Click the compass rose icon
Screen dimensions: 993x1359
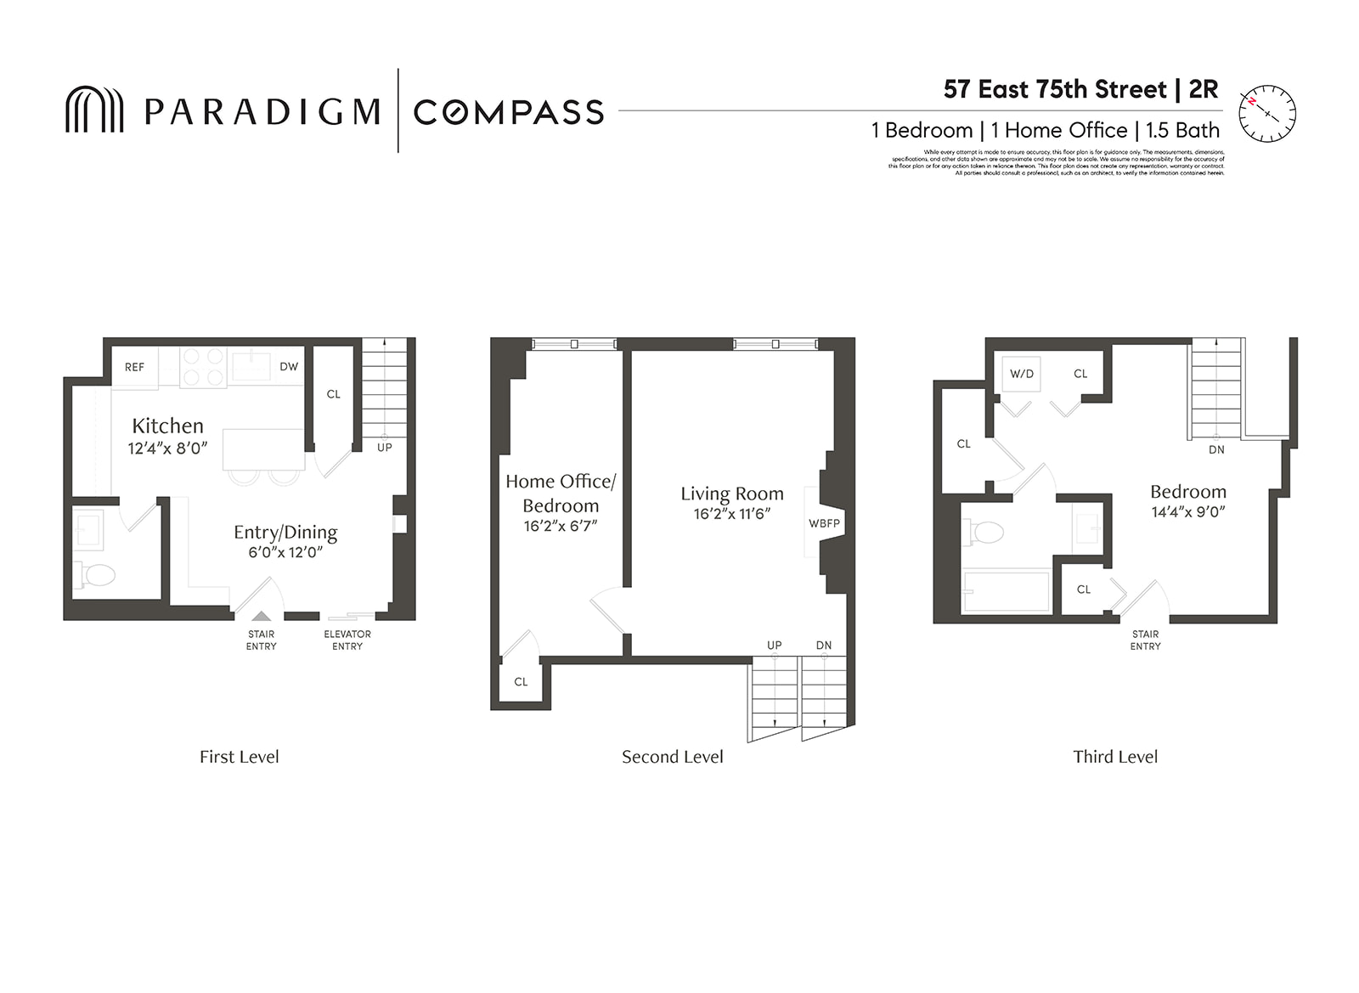1267,113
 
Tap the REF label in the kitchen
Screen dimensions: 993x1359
134,367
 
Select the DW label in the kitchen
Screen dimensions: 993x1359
289,367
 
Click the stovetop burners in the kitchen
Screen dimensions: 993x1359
203,368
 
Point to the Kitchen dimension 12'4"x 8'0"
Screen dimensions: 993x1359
168,449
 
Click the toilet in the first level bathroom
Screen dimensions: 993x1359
98,575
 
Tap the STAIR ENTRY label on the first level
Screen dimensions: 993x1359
261,640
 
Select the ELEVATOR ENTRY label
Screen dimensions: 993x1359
347,640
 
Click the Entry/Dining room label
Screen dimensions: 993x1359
285,532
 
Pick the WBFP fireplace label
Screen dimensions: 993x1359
824,523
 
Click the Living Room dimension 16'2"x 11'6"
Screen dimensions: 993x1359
731,514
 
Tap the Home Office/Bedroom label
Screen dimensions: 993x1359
561,493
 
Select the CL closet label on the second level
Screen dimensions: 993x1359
521,681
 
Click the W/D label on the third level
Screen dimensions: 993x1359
1022,374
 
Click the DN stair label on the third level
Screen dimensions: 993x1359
1216,449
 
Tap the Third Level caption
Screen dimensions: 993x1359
1114,757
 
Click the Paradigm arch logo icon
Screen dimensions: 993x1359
94,110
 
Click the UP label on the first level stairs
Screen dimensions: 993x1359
384,448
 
